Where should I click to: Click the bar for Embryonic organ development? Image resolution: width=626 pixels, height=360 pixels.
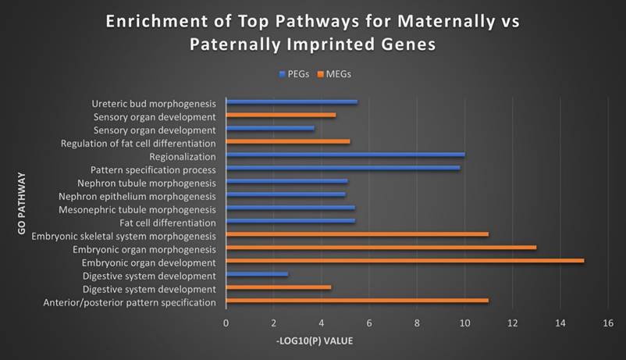pyautogui.click(x=404, y=261)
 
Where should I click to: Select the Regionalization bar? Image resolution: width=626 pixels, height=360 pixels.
pyautogui.click(x=345, y=155)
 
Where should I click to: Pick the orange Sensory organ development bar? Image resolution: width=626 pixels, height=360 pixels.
pyautogui.click(x=280, y=115)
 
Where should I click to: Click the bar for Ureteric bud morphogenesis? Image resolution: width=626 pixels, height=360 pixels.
pyautogui.click(x=291, y=102)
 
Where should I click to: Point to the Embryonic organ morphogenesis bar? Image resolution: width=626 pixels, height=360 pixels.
pyautogui.click(x=381, y=248)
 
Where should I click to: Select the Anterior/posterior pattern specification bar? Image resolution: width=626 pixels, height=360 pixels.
pyautogui.click(x=357, y=301)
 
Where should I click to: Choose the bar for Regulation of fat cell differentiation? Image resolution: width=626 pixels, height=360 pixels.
pyautogui.click(x=287, y=141)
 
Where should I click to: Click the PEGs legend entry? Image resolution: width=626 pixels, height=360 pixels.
pyautogui.click(x=294, y=73)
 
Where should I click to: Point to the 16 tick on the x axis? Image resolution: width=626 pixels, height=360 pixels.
pyautogui.click(x=608, y=323)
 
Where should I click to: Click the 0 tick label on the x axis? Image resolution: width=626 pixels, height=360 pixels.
pyautogui.click(x=226, y=323)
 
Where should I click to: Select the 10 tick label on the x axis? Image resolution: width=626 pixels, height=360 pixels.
pyautogui.click(x=464, y=323)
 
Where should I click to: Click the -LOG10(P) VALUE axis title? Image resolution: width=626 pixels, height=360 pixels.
pyautogui.click(x=315, y=340)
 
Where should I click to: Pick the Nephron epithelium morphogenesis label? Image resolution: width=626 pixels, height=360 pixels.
pyautogui.click(x=146, y=195)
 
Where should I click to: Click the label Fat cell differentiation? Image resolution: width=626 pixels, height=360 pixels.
pyautogui.click(x=162, y=222)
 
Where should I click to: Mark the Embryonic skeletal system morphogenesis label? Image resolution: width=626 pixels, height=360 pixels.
pyautogui.click(x=124, y=235)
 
